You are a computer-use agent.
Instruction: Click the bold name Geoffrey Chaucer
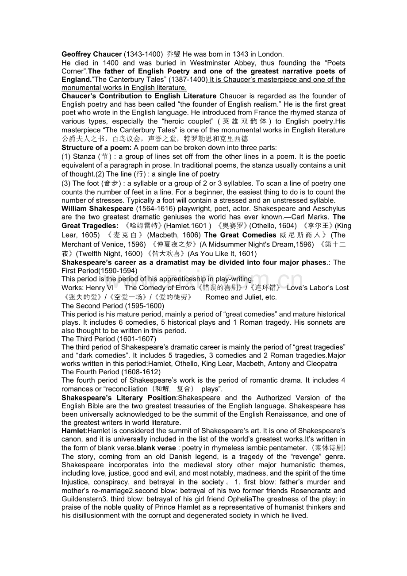click(x=92, y=54)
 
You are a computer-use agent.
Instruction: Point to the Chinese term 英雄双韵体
click(x=244, y=121)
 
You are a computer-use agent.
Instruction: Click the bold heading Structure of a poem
click(x=96, y=147)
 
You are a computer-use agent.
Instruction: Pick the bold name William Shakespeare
click(x=98, y=208)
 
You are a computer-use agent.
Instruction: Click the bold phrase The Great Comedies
click(x=240, y=235)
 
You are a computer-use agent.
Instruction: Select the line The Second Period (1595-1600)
click(x=113, y=306)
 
